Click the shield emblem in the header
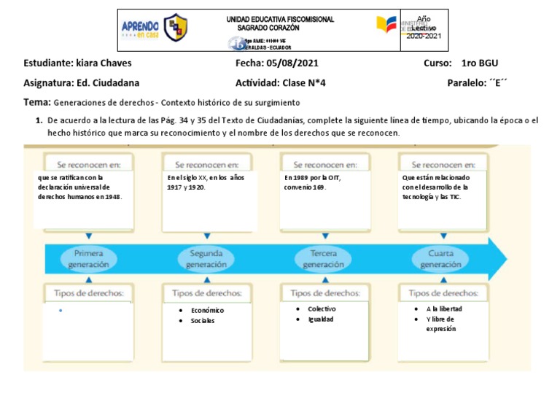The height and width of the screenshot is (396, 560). pos(175,28)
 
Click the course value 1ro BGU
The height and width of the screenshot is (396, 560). pos(480,63)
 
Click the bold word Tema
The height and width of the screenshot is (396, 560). pos(37,103)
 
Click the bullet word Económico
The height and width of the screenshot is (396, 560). pos(208,311)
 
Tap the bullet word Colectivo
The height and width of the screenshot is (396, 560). pos(322,309)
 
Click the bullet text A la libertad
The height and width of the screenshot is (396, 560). pos(444,308)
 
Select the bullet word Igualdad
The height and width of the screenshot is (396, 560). pos(321,319)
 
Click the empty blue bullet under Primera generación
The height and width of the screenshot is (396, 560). pos(60,311)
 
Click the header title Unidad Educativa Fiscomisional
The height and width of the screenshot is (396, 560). pos(281,20)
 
